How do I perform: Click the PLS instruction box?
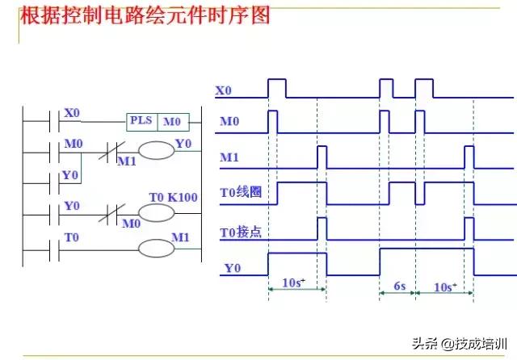coord(142,122)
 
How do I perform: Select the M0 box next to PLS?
coord(173,122)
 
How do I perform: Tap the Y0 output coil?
coord(156,150)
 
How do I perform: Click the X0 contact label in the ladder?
coord(72,113)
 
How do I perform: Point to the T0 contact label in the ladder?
coord(72,238)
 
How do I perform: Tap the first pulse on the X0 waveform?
coord(276,88)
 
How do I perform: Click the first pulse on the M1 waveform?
coord(322,155)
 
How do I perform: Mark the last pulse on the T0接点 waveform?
coord(469,229)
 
